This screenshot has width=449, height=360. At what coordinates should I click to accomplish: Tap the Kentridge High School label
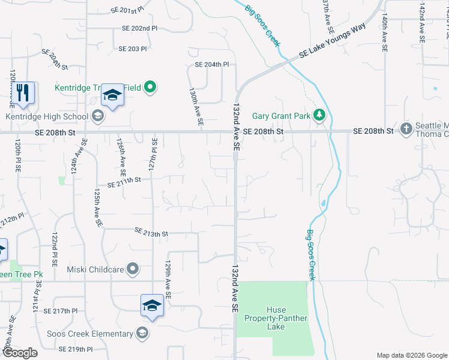47,116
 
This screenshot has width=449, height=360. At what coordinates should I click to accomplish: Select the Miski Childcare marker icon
133,269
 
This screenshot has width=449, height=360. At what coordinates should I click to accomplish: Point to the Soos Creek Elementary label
90,334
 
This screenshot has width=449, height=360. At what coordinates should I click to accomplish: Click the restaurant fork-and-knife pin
23,92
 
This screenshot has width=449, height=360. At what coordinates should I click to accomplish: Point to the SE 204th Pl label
212,64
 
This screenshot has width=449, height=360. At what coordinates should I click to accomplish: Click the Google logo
19,353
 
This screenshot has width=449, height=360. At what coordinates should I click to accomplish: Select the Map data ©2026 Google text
411,355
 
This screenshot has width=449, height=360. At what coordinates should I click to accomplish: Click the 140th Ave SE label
384,28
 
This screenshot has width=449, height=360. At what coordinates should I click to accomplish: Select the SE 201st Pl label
128,11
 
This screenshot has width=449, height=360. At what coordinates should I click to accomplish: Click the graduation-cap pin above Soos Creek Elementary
152,305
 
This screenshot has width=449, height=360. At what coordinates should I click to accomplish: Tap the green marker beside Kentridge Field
151,88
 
